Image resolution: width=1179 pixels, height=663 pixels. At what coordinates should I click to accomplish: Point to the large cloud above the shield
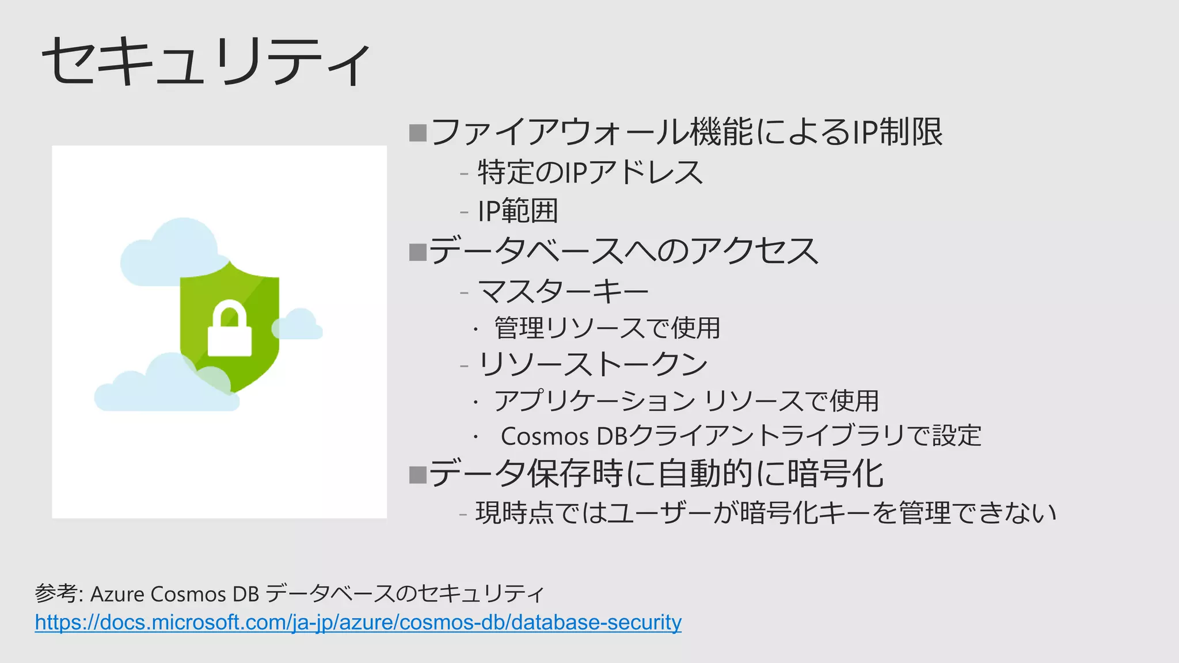[x=167, y=253]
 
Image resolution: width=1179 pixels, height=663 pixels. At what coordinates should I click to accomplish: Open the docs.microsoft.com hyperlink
[x=358, y=622]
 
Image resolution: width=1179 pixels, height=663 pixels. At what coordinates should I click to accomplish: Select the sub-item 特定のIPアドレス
[x=590, y=172]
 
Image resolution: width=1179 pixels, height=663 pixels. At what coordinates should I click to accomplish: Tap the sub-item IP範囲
[x=518, y=211]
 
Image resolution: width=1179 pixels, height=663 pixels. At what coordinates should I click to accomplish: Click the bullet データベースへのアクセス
[x=623, y=251]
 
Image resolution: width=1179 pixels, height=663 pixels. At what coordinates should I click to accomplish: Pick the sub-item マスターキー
[x=563, y=291]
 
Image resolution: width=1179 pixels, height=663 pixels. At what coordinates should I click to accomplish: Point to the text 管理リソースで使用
[x=607, y=328]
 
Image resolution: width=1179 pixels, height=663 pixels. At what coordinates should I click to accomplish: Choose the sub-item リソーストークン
[x=592, y=364]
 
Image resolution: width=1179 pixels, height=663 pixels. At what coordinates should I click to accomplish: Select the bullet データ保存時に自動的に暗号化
[x=655, y=474]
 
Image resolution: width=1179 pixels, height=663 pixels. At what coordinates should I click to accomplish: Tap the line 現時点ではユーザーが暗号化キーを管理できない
[x=766, y=513]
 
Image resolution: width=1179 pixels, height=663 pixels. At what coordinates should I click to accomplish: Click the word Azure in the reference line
[x=117, y=594]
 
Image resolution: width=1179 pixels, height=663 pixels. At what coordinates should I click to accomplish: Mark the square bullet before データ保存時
[x=417, y=475]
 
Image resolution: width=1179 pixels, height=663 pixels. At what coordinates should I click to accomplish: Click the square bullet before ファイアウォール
[x=417, y=133]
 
